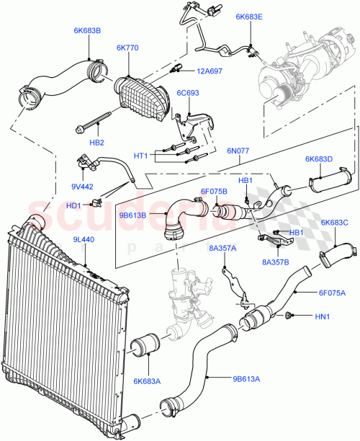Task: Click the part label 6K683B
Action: click(87, 31)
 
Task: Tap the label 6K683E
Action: click(249, 16)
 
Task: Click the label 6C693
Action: click(189, 93)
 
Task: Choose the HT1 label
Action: click(141, 156)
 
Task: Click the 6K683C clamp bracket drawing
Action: click(337, 256)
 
